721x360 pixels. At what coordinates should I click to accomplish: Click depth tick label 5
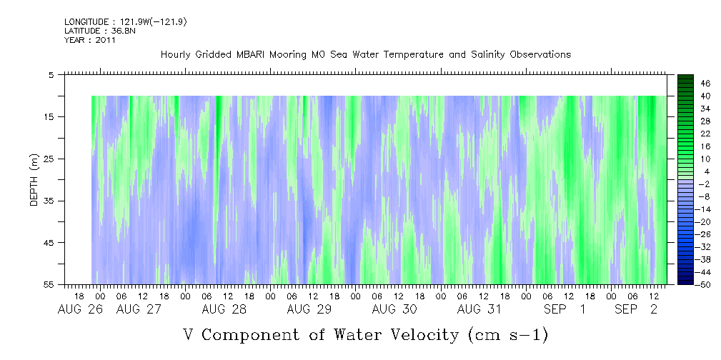pos(51,74)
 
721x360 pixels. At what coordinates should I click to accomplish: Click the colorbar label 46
pos(685,84)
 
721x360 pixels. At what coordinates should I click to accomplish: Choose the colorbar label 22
pos(685,134)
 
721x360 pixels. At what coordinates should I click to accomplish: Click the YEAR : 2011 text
pos(90,40)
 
